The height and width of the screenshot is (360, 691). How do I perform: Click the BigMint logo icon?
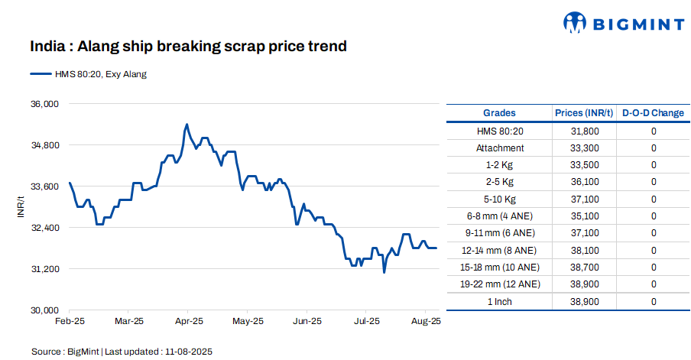[x=575, y=23]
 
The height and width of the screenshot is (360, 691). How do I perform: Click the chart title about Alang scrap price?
[x=188, y=47]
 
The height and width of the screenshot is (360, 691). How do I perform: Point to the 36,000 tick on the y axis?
[x=44, y=104]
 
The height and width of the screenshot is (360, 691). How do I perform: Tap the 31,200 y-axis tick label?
[x=44, y=269]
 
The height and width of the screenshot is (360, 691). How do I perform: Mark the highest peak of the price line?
[x=187, y=124]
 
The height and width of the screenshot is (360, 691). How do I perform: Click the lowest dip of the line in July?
[x=384, y=272]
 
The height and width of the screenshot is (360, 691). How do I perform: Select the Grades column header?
[x=499, y=113]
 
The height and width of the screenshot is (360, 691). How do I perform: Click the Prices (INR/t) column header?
[x=584, y=113]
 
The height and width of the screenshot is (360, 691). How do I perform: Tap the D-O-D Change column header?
[x=653, y=113]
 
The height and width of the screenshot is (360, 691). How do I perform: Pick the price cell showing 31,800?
[x=584, y=131]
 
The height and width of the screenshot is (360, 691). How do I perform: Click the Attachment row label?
[x=499, y=148]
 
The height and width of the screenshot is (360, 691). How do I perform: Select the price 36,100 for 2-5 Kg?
[x=584, y=182]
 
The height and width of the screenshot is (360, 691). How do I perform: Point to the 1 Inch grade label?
[x=499, y=302]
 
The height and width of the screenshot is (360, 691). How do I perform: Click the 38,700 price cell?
[x=584, y=268]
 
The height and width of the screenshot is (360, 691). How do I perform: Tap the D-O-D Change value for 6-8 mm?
[x=654, y=216]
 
